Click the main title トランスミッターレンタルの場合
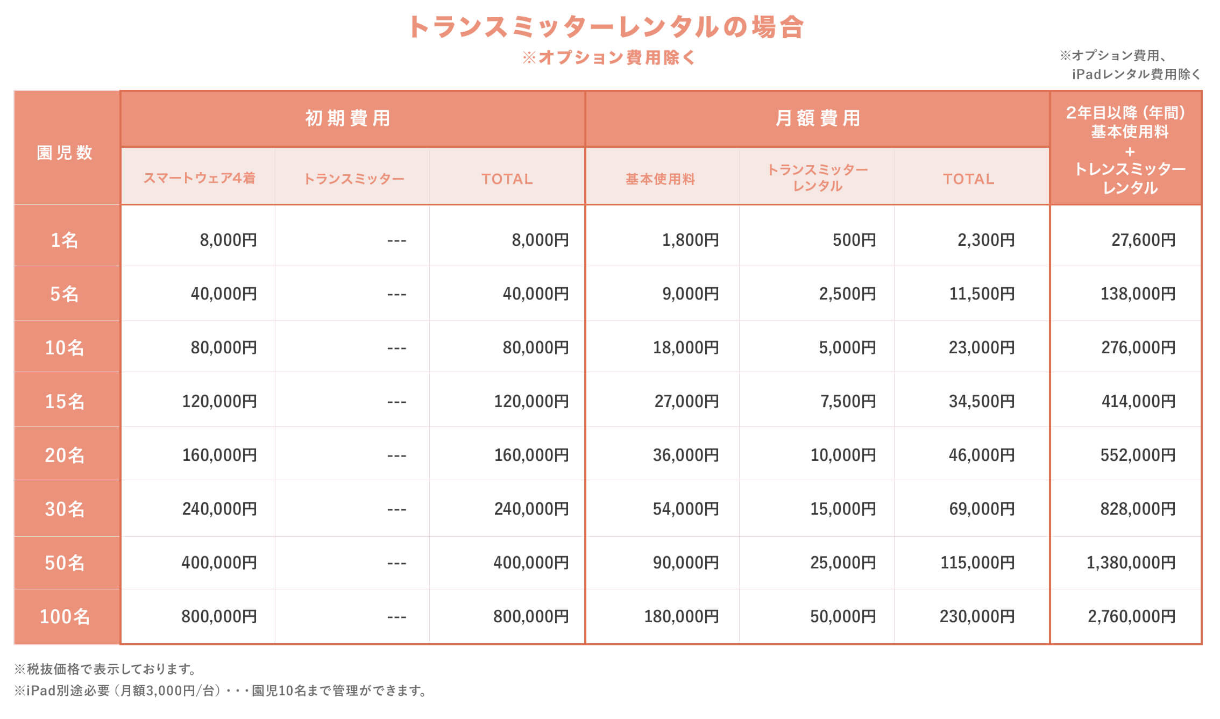tap(606, 27)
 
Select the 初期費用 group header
tap(348, 118)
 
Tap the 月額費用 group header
tap(818, 118)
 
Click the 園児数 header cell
tap(65, 153)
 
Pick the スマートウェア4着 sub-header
tap(199, 179)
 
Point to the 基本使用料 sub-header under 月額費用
tap(661, 179)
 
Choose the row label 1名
tap(65, 240)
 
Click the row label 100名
tap(65, 616)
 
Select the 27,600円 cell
tap(1143, 240)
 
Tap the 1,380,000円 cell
tap(1131, 563)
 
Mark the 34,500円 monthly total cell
tap(981, 401)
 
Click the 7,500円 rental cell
tap(848, 401)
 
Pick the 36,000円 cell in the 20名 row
tap(686, 455)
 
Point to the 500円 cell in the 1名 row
tap(854, 240)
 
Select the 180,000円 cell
tap(682, 616)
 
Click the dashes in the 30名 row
tap(396, 509)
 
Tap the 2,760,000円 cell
tap(1131, 616)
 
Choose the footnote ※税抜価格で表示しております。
tap(105, 669)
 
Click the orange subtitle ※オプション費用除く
tap(609, 58)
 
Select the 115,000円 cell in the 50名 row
tap(977, 563)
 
